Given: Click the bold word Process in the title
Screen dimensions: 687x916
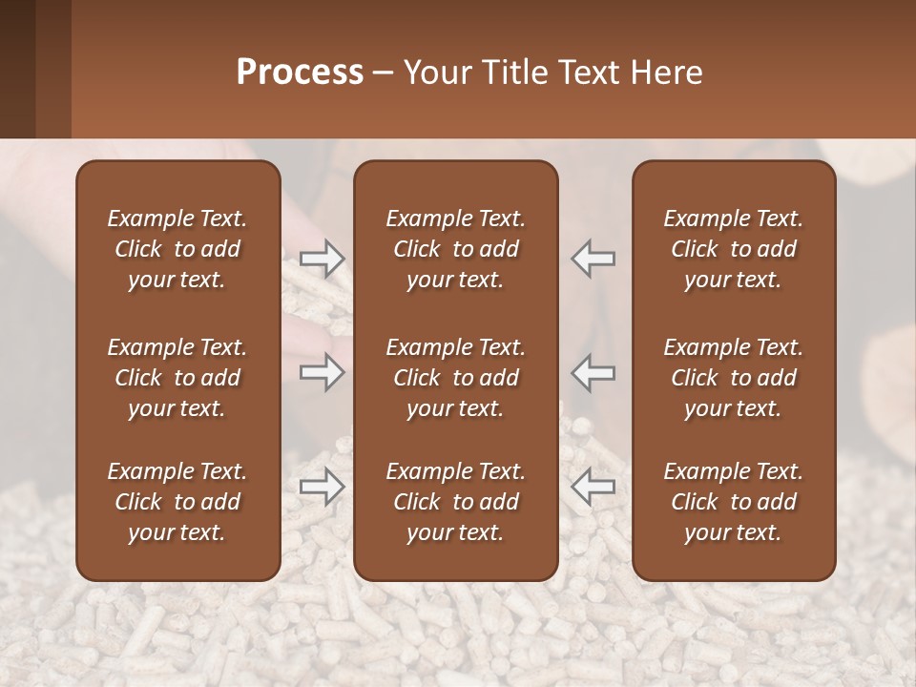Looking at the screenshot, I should (300, 73).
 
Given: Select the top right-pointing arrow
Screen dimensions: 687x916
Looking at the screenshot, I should (322, 258).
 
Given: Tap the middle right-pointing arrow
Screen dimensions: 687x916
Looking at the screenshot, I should (322, 372).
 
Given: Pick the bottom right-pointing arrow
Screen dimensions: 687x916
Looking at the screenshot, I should (322, 487).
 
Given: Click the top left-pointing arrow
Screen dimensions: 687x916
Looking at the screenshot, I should (593, 258).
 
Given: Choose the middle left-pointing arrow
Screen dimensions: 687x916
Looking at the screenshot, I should (593, 372).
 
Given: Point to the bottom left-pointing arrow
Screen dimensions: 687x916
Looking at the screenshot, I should (593, 487).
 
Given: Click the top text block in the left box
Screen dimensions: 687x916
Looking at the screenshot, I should (177, 249).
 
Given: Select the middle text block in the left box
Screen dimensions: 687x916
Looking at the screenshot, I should (177, 378).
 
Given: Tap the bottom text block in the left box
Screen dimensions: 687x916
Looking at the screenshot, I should (177, 502).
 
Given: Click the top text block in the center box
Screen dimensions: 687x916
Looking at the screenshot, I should (455, 249).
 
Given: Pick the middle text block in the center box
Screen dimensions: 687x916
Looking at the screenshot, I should (455, 378).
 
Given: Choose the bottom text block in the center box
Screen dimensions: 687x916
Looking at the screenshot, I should (455, 502).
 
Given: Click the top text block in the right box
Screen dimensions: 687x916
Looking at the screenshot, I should (733, 249).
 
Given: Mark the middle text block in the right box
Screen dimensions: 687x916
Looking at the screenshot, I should (733, 378).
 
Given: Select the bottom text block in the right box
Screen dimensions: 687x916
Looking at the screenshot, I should (733, 502).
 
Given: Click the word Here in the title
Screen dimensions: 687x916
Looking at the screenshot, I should (667, 73).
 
